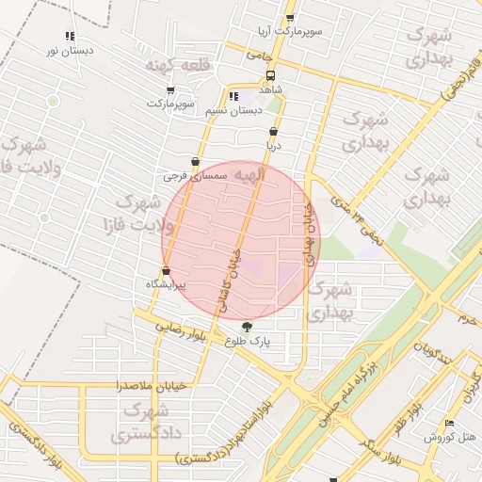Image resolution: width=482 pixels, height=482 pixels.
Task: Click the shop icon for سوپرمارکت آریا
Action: coord(289,18)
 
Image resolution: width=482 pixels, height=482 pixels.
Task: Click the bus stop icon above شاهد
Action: coord(271,75)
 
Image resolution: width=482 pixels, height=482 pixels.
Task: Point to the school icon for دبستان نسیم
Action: coord(233,96)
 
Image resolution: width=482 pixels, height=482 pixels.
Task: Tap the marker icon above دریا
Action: coord(273,133)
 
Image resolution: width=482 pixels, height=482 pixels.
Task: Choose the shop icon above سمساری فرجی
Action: coord(195,162)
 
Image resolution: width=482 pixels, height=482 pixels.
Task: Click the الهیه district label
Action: coord(250,175)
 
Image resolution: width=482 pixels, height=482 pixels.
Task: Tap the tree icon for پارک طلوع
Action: coord(247,327)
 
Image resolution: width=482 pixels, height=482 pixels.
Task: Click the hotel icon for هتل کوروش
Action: coord(449,424)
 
